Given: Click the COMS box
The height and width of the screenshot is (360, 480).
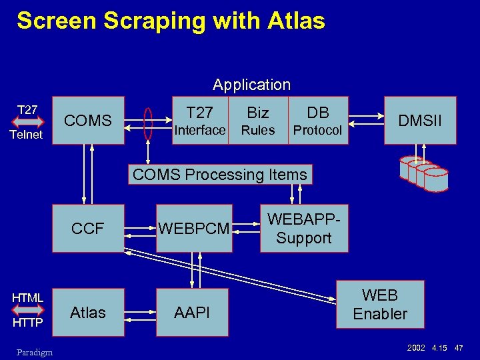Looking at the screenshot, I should (x=88, y=121).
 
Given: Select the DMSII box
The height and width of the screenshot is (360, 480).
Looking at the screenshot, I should (x=420, y=121).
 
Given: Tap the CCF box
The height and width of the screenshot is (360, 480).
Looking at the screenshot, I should (x=88, y=229).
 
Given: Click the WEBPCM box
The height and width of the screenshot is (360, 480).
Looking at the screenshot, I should (x=194, y=229).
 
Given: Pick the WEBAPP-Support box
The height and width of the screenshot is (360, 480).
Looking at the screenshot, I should (x=304, y=229).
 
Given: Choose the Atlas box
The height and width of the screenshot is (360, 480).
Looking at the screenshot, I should (x=88, y=312).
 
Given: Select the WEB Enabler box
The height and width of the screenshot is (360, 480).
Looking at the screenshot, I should (x=380, y=304).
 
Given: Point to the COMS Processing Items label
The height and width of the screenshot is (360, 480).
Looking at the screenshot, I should (x=220, y=175).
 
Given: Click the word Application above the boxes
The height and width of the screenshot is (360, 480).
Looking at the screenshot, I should (x=251, y=85).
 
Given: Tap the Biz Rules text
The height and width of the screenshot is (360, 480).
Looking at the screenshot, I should (x=257, y=121).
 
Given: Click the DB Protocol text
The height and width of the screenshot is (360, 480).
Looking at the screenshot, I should (x=317, y=121).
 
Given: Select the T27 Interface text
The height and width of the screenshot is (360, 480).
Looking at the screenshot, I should (x=199, y=121).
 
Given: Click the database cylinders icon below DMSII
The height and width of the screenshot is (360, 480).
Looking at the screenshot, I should (x=424, y=173).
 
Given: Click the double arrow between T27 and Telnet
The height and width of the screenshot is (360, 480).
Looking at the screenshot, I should (x=27, y=122).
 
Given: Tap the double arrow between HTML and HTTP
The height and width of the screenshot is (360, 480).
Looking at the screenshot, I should (x=27, y=310).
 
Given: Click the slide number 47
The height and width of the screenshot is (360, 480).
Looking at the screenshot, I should (x=459, y=348).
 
